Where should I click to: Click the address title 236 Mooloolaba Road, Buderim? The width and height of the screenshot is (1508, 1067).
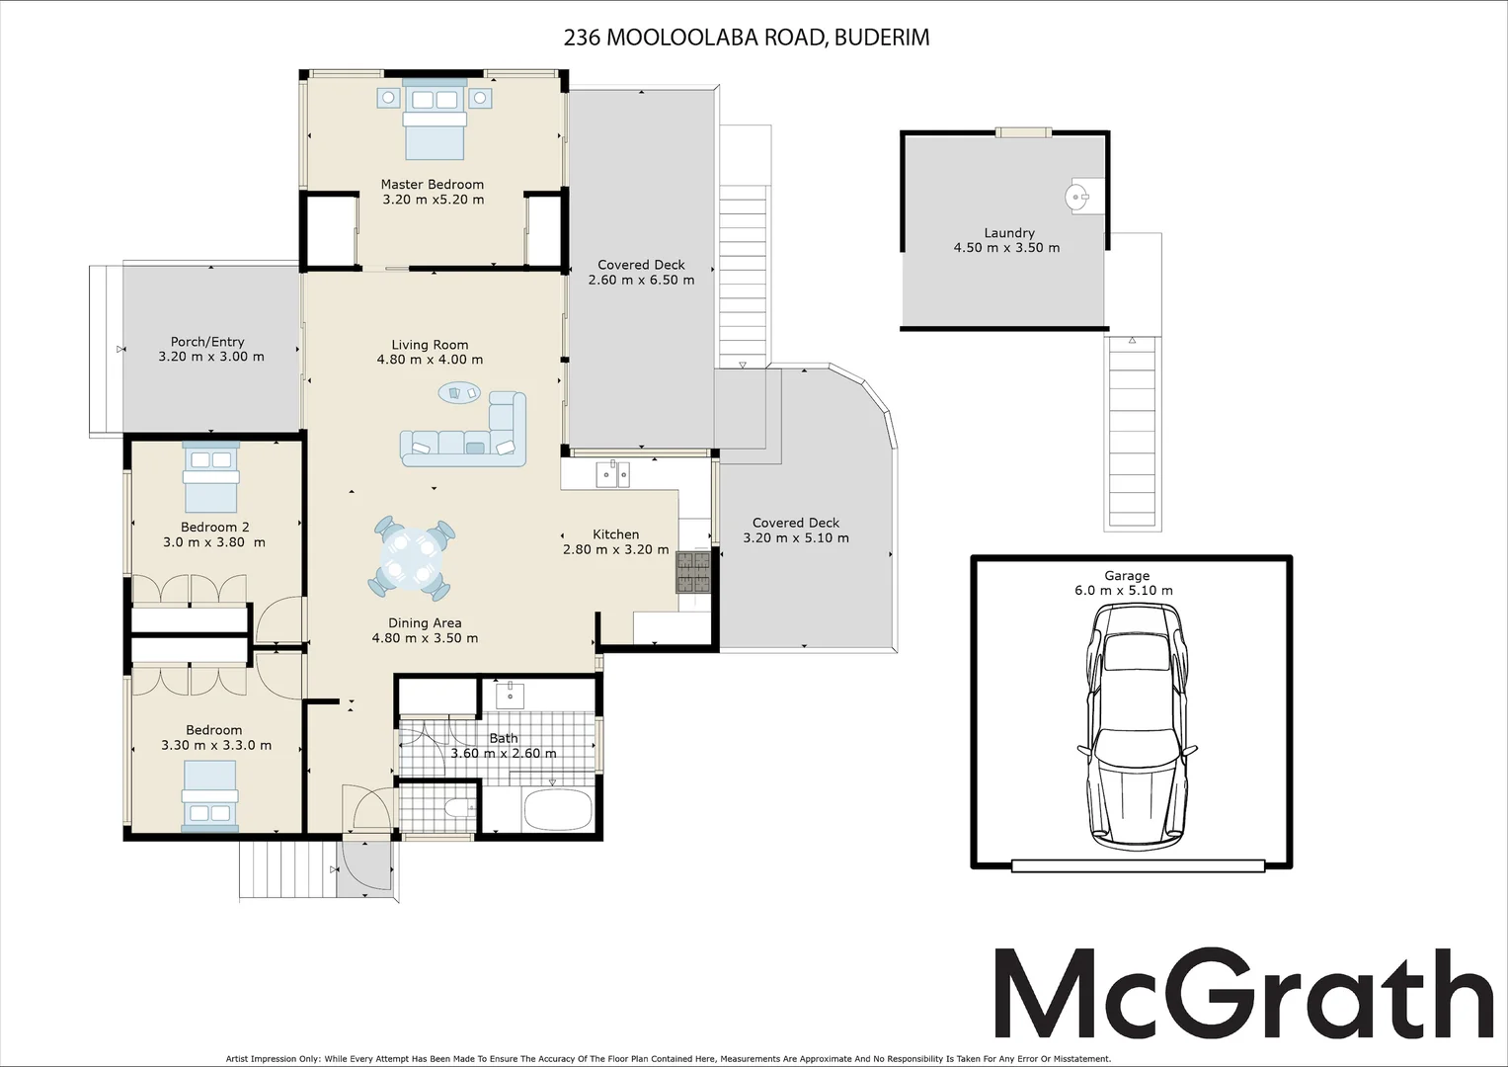pyautogui.click(x=746, y=38)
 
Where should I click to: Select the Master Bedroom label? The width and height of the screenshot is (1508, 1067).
pyautogui.click(x=433, y=184)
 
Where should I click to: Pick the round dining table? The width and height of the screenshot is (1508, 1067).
pyautogui.click(x=411, y=558)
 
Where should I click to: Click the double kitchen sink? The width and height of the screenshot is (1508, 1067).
pyautogui.click(x=613, y=475)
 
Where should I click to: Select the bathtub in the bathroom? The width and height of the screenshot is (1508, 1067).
pyautogui.click(x=555, y=810)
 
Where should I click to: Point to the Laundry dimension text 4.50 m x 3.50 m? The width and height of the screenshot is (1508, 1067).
pyautogui.click(x=1006, y=248)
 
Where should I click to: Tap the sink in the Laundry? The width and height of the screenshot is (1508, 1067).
pyautogui.click(x=1080, y=198)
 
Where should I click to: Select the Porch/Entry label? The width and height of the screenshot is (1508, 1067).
pyautogui.click(x=207, y=342)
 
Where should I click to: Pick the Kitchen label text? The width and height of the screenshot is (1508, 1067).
pyautogui.click(x=615, y=534)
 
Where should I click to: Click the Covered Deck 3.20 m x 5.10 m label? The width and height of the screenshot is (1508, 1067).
pyautogui.click(x=796, y=531)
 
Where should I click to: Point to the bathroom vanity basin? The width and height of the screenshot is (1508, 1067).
pyautogui.click(x=510, y=695)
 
